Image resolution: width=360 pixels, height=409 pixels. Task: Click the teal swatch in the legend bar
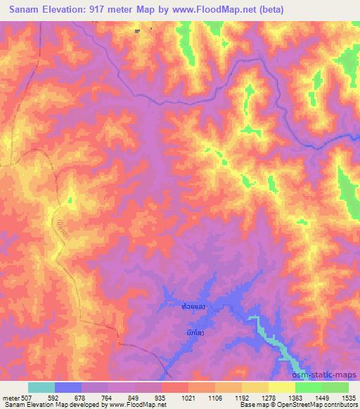tap(41, 387)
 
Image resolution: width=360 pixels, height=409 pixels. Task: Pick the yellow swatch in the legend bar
tap(281, 387)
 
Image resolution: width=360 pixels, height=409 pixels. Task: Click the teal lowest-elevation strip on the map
tap(271, 341)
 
